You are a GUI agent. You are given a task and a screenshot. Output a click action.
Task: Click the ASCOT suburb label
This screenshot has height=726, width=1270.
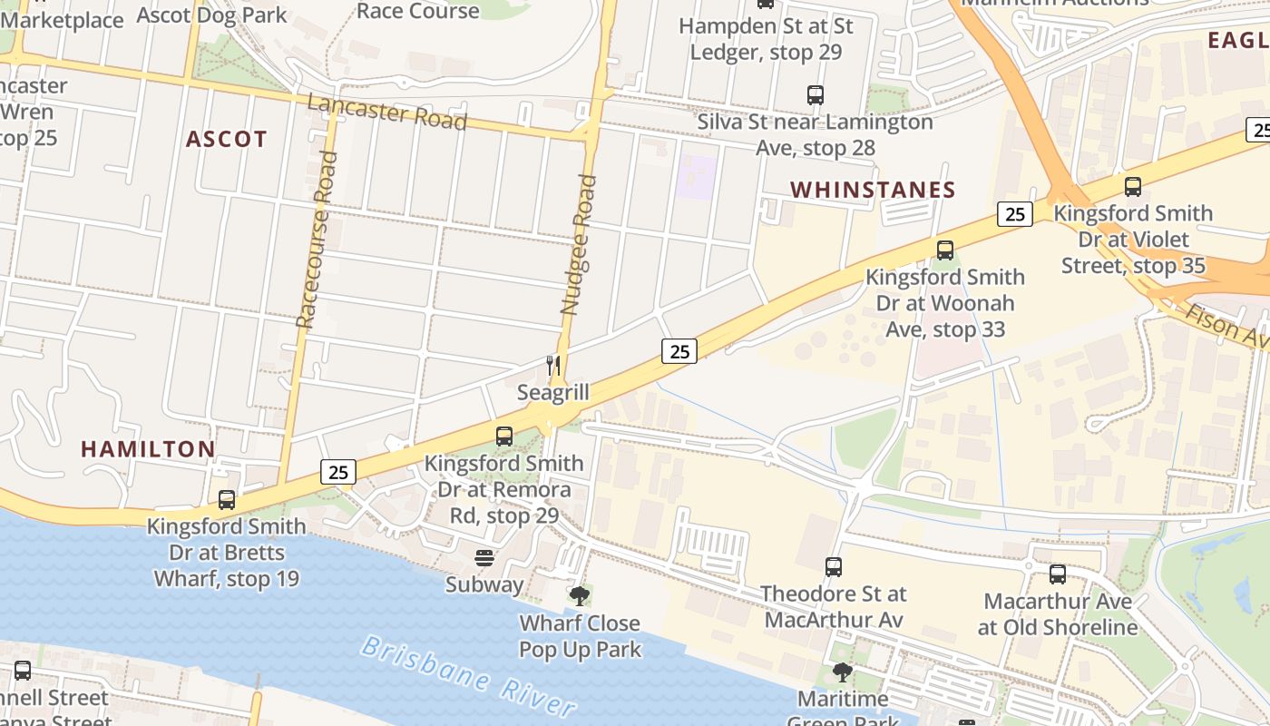point(227,139)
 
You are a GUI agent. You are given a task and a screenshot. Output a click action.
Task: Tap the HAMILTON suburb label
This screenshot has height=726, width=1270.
point(148,448)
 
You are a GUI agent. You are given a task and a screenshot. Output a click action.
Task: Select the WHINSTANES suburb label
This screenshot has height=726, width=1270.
point(873,190)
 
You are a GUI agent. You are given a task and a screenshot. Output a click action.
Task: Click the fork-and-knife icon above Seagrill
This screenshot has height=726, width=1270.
point(553,366)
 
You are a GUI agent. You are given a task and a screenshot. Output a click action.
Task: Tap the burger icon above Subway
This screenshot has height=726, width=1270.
point(484,557)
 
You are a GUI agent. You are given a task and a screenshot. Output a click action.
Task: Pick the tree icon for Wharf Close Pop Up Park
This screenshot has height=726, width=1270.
point(580,596)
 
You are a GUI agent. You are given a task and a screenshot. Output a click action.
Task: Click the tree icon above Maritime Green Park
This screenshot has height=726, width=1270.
point(843,672)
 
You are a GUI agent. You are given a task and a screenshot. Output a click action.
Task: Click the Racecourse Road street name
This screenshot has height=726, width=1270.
point(317,240)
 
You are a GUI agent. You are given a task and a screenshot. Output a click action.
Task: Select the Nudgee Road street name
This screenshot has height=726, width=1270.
point(579,244)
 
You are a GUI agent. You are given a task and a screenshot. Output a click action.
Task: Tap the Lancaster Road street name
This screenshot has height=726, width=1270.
point(386,112)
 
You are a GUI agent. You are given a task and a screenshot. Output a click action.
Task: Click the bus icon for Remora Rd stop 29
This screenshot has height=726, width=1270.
point(504,437)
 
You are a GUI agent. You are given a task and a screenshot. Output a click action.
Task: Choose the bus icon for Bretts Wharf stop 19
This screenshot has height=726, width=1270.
point(227,499)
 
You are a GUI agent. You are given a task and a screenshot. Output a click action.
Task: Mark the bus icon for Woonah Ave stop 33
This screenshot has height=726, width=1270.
point(945,250)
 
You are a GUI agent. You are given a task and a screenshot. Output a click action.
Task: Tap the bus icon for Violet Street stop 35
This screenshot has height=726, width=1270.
point(1133,187)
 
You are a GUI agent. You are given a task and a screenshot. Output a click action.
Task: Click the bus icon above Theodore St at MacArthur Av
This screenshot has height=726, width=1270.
point(834,567)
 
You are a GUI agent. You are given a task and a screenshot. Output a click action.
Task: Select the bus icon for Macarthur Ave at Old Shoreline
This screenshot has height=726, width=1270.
point(1058,574)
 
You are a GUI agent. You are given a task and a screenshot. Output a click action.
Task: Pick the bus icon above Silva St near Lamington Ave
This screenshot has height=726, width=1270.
point(816,94)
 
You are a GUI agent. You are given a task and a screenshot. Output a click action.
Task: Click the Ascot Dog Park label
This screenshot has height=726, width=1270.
point(211,15)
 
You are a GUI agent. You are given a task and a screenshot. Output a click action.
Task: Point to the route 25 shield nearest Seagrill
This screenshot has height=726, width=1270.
point(679,350)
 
